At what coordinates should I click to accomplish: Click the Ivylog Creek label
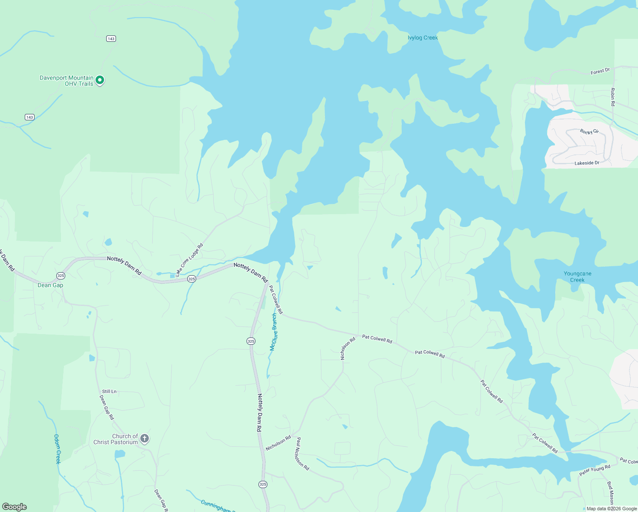point(423,38)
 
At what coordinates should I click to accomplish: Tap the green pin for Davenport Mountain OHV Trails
point(100,80)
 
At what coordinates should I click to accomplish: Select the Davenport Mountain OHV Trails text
point(67,81)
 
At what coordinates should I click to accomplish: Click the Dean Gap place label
point(50,285)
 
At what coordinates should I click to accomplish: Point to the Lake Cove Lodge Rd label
point(189,260)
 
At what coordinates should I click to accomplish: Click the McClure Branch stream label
point(274,332)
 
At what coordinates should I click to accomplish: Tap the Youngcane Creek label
point(577,277)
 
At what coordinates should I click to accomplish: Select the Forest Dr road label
point(600,72)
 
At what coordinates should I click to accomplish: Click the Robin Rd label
point(613,97)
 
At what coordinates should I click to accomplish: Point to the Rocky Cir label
point(589,132)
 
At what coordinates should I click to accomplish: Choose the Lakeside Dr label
point(587,163)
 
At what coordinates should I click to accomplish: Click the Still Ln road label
point(109,391)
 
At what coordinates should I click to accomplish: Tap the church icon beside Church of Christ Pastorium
point(145,438)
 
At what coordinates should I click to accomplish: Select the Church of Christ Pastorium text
point(116,439)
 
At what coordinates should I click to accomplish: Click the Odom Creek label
point(58,449)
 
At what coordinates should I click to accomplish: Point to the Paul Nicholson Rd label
point(302,454)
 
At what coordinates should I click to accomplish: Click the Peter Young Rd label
point(594,470)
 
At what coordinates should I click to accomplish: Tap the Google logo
point(14,507)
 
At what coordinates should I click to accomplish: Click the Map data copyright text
point(611,509)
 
